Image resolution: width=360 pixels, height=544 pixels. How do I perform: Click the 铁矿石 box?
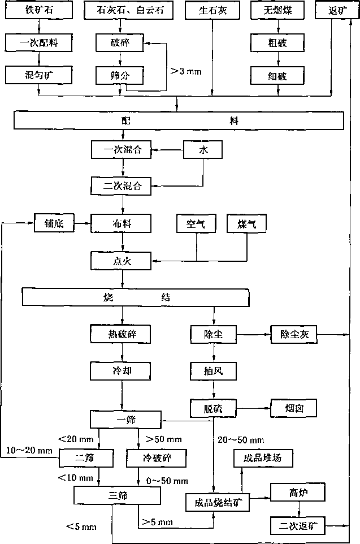[39, 10]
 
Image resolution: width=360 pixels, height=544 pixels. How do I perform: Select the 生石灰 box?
[212, 10]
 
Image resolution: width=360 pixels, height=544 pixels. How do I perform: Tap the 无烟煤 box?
[277, 10]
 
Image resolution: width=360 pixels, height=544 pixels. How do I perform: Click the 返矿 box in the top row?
[337, 10]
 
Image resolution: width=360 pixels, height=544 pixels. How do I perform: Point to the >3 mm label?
[186, 71]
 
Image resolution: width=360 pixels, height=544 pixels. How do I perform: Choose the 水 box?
[203, 149]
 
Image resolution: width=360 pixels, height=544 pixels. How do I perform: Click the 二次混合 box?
[122, 186]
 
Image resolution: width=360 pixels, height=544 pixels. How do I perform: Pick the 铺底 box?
[54, 223]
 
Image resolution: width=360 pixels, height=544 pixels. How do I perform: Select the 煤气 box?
[246, 223]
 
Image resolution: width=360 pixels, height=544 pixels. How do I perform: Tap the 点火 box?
[121, 261]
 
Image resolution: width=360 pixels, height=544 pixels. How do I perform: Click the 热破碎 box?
[121, 334]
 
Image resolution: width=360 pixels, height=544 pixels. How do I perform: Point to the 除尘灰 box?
[294, 334]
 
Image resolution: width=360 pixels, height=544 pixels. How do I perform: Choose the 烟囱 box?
[294, 408]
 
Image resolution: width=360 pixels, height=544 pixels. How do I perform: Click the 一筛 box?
[126, 420]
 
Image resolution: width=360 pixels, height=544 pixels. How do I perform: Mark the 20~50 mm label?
[241, 440]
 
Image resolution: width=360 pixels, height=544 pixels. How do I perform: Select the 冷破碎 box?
[157, 458]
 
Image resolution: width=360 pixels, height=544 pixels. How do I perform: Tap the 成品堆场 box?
[263, 458]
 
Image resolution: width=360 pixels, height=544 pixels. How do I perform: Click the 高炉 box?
[298, 492]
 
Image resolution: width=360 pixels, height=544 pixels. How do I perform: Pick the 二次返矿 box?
[298, 525]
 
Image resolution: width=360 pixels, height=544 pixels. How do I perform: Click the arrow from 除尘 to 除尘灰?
[254, 334]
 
